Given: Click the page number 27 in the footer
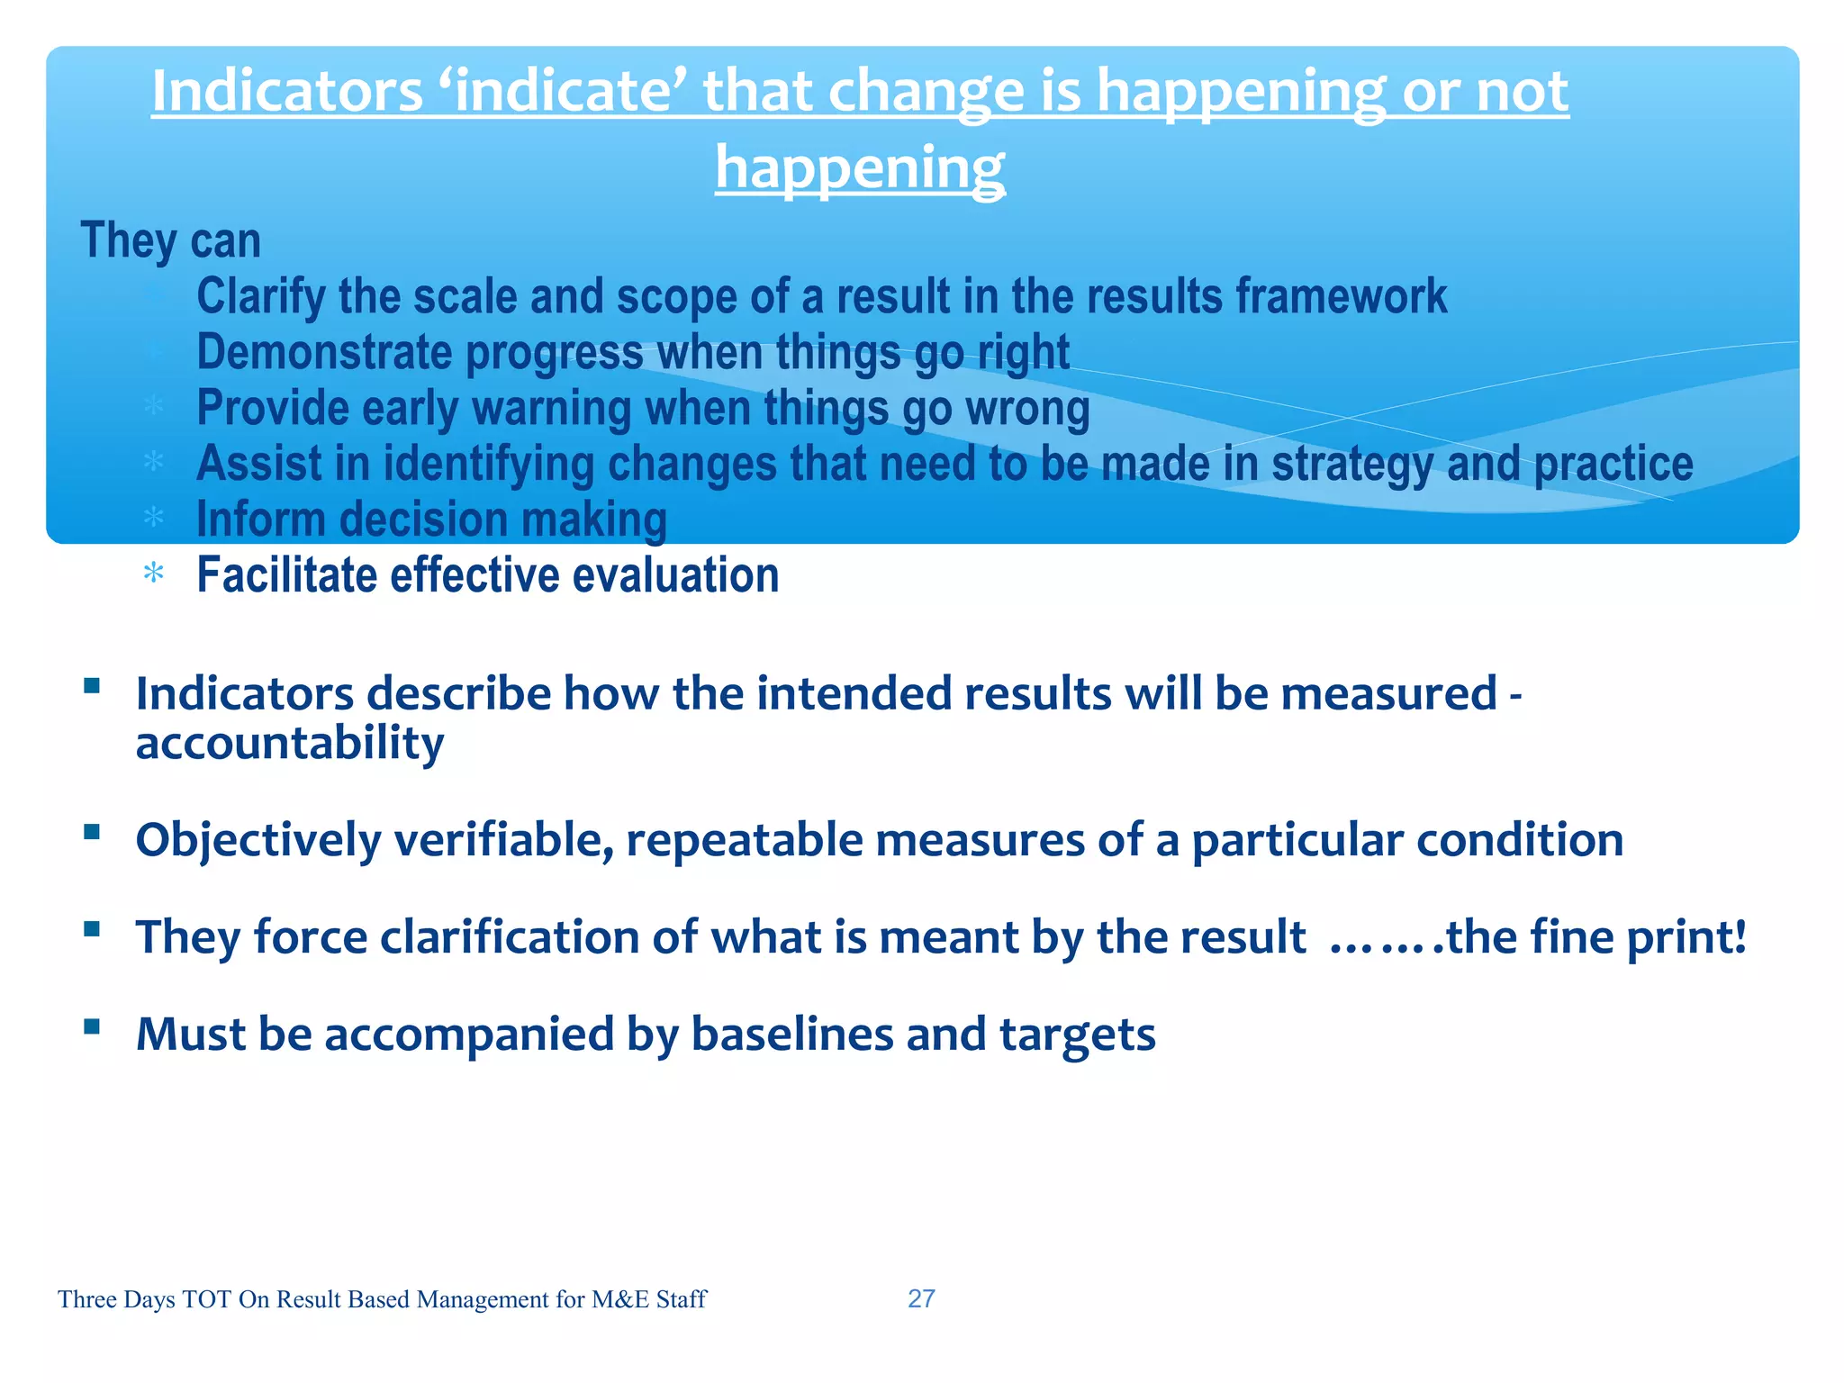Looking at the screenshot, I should pyautogui.click(x=921, y=1298).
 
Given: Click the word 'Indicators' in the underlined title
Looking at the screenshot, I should pyautogui.click(x=286, y=92).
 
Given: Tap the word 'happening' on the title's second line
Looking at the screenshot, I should pyautogui.click(x=860, y=168).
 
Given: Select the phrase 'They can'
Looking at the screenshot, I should pyautogui.click(x=171, y=240).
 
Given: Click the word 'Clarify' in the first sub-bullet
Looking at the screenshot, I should pyautogui.click(x=260, y=297).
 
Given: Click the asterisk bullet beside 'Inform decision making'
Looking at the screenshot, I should pyautogui.click(x=154, y=518).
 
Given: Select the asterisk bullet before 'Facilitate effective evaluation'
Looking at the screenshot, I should pyautogui.click(x=154, y=574).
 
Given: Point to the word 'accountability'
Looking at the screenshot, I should pyautogui.click(x=290, y=744).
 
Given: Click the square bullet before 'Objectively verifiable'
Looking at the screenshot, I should pyautogui.click(x=91, y=831).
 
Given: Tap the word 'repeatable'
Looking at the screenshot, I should pyautogui.click(x=744, y=840).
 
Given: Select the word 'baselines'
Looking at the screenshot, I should pyautogui.click(x=791, y=1035).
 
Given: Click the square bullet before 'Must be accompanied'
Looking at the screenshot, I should pyautogui.click(x=91, y=1026).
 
